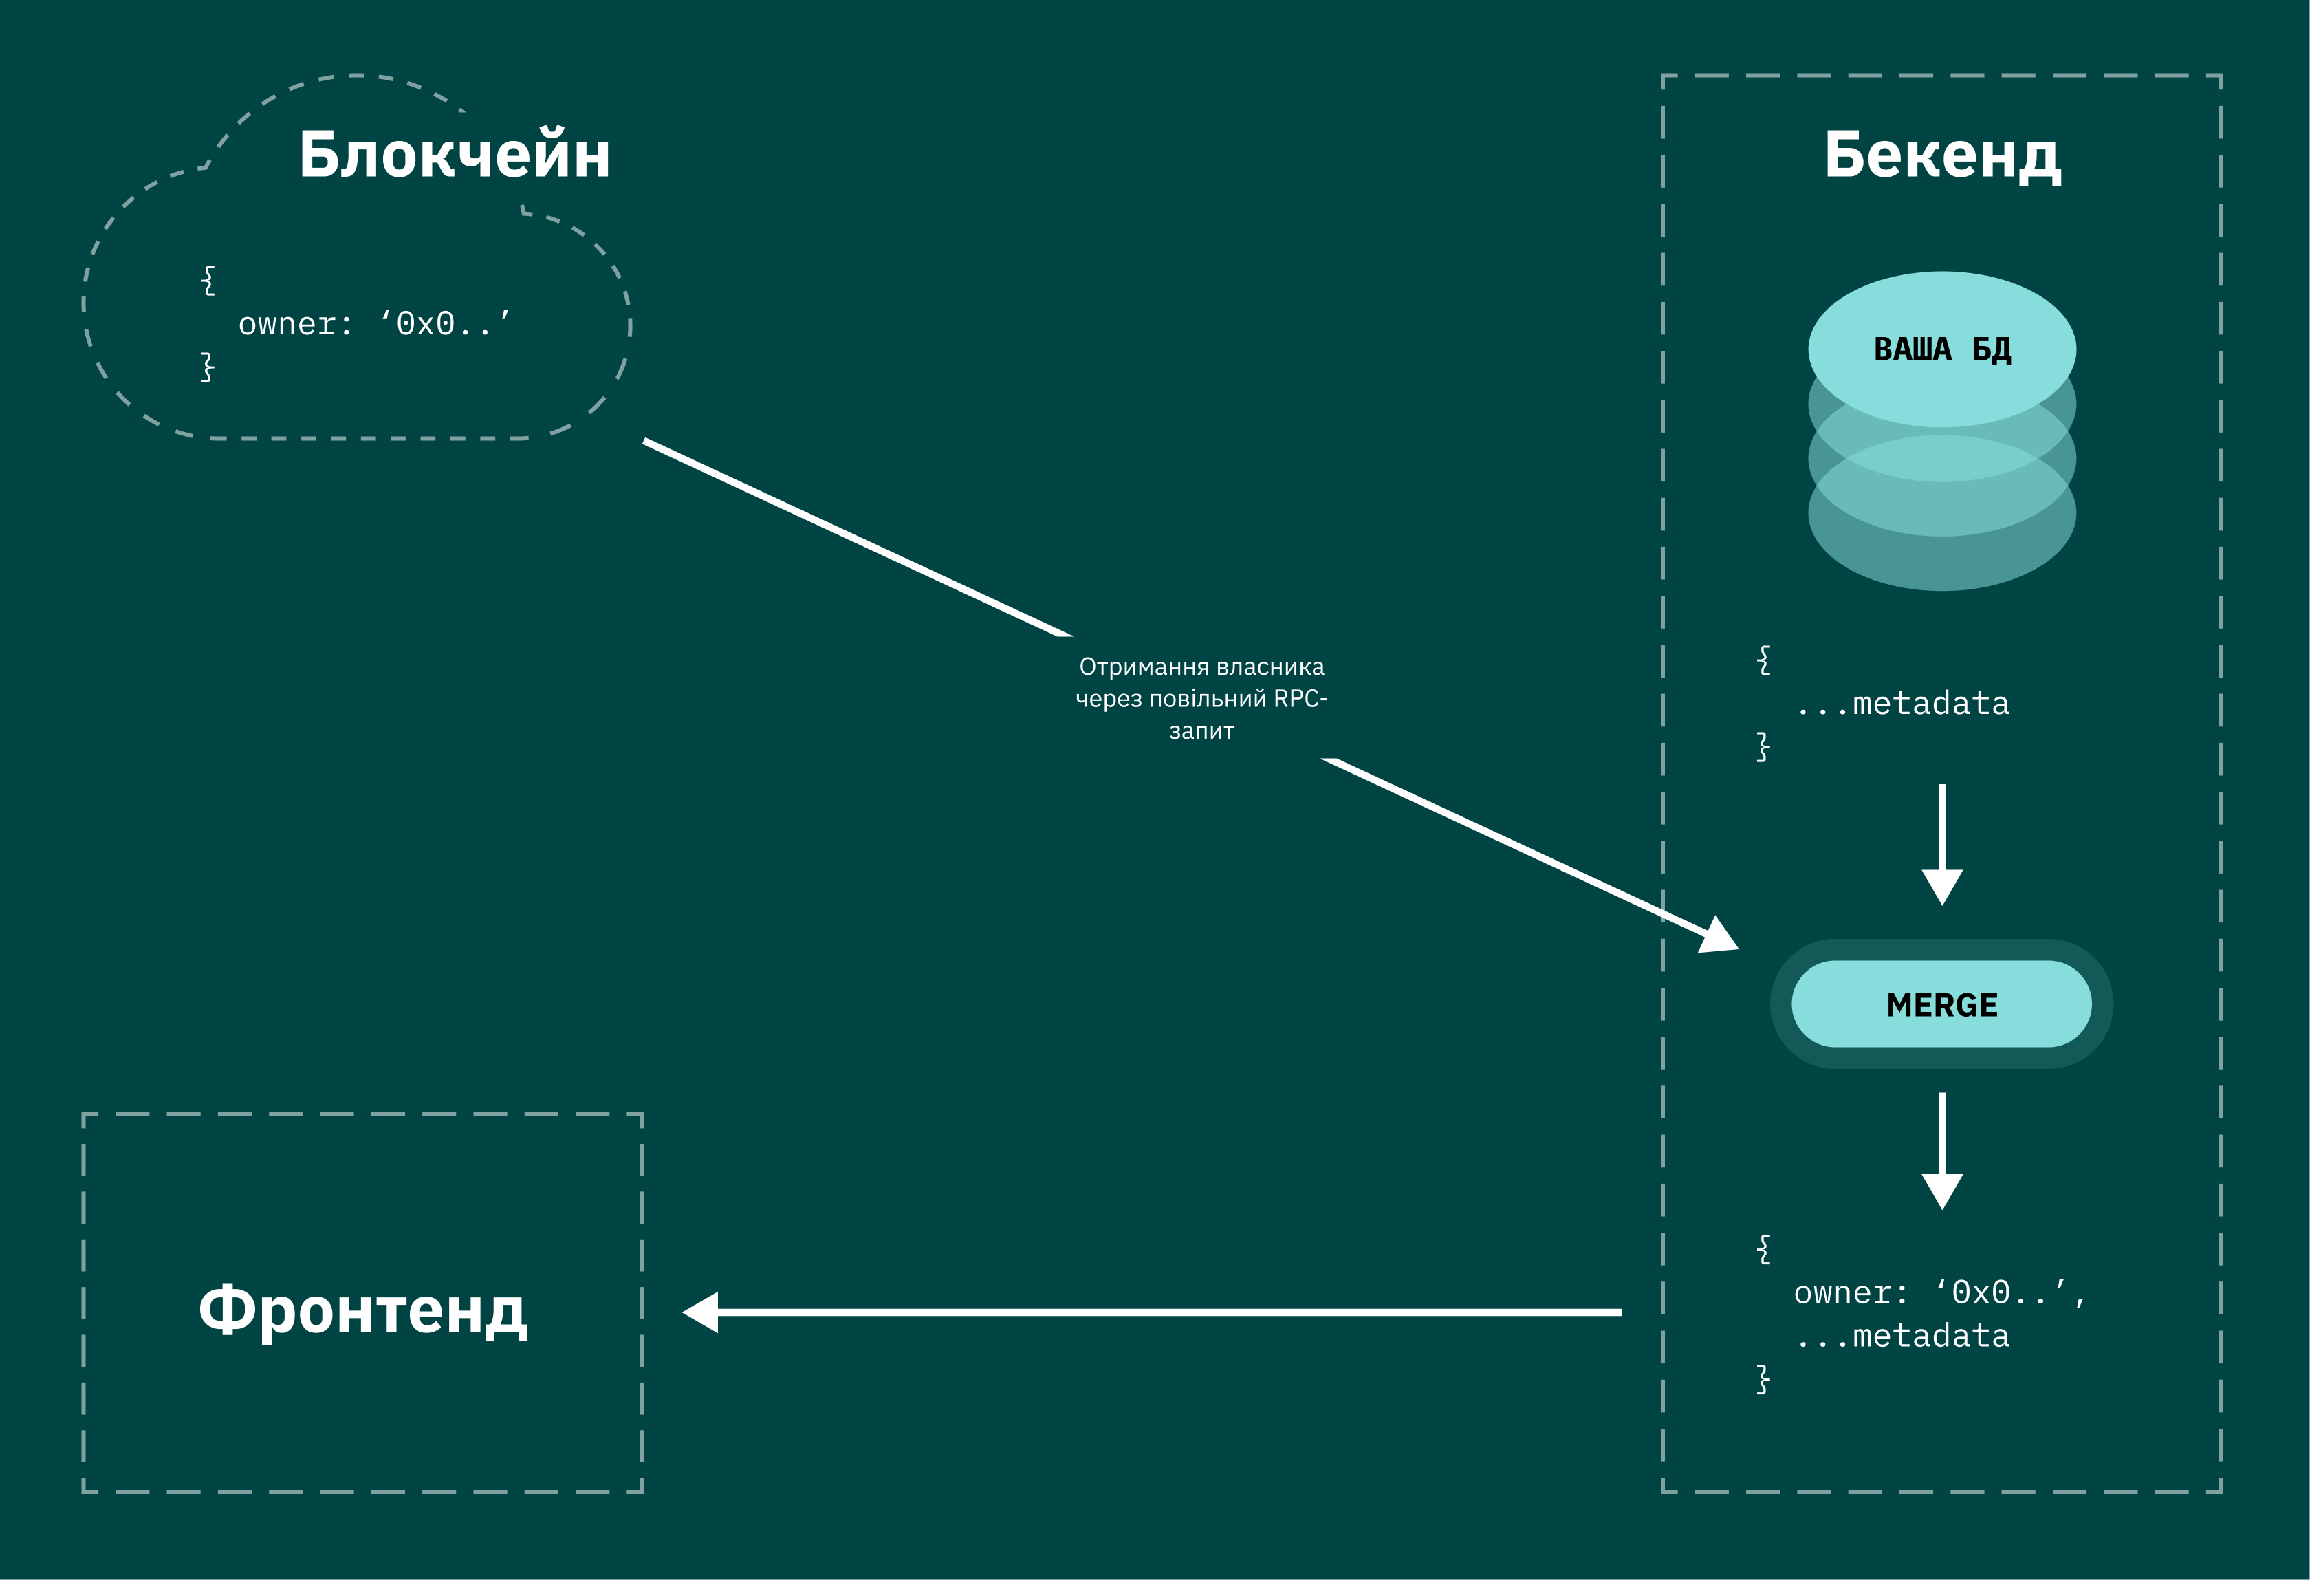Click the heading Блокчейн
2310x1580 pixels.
coord(455,155)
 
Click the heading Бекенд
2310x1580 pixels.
coord(1941,155)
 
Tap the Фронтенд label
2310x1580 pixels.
coord(363,1310)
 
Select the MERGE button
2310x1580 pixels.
coord(1941,1004)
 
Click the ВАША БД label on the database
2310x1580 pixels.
coord(1941,349)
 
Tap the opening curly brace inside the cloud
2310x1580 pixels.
coord(208,279)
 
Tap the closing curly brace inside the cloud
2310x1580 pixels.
coord(208,367)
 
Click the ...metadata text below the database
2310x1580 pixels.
coord(1902,704)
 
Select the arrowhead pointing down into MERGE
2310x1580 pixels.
coord(1941,885)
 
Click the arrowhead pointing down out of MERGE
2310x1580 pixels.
coord(1941,1189)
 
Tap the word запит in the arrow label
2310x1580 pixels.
coord(1201,731)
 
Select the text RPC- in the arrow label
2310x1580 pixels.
coord(1300,698)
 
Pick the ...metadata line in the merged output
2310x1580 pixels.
coord(1902,1336)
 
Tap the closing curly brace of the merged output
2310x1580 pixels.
coord(1763,1379)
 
